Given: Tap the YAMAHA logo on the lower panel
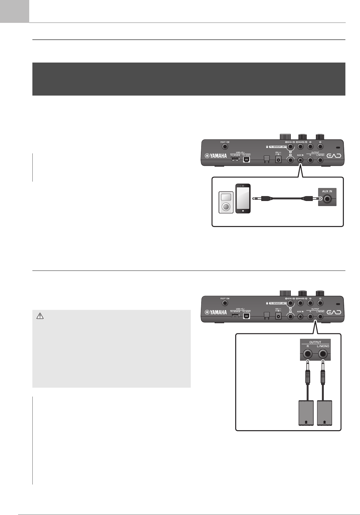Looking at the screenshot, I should (x=216, y=312).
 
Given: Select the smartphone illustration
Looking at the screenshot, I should (x=243, y=198).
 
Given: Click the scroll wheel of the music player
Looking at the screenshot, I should (x=226, y=206).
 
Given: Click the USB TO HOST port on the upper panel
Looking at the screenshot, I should (x=246, y=160).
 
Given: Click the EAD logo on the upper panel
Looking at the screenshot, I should (x=334, y=156).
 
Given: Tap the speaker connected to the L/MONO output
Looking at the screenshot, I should (x=324, y=413).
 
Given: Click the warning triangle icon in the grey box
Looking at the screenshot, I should (x=40, y=316).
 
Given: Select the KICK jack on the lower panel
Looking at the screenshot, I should (x=290, y=303).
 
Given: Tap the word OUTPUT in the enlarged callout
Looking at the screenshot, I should (x=315, y=342).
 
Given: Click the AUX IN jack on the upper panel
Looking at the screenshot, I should (x=300, y=160).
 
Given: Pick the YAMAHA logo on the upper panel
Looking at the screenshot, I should (x=216, y=156).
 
